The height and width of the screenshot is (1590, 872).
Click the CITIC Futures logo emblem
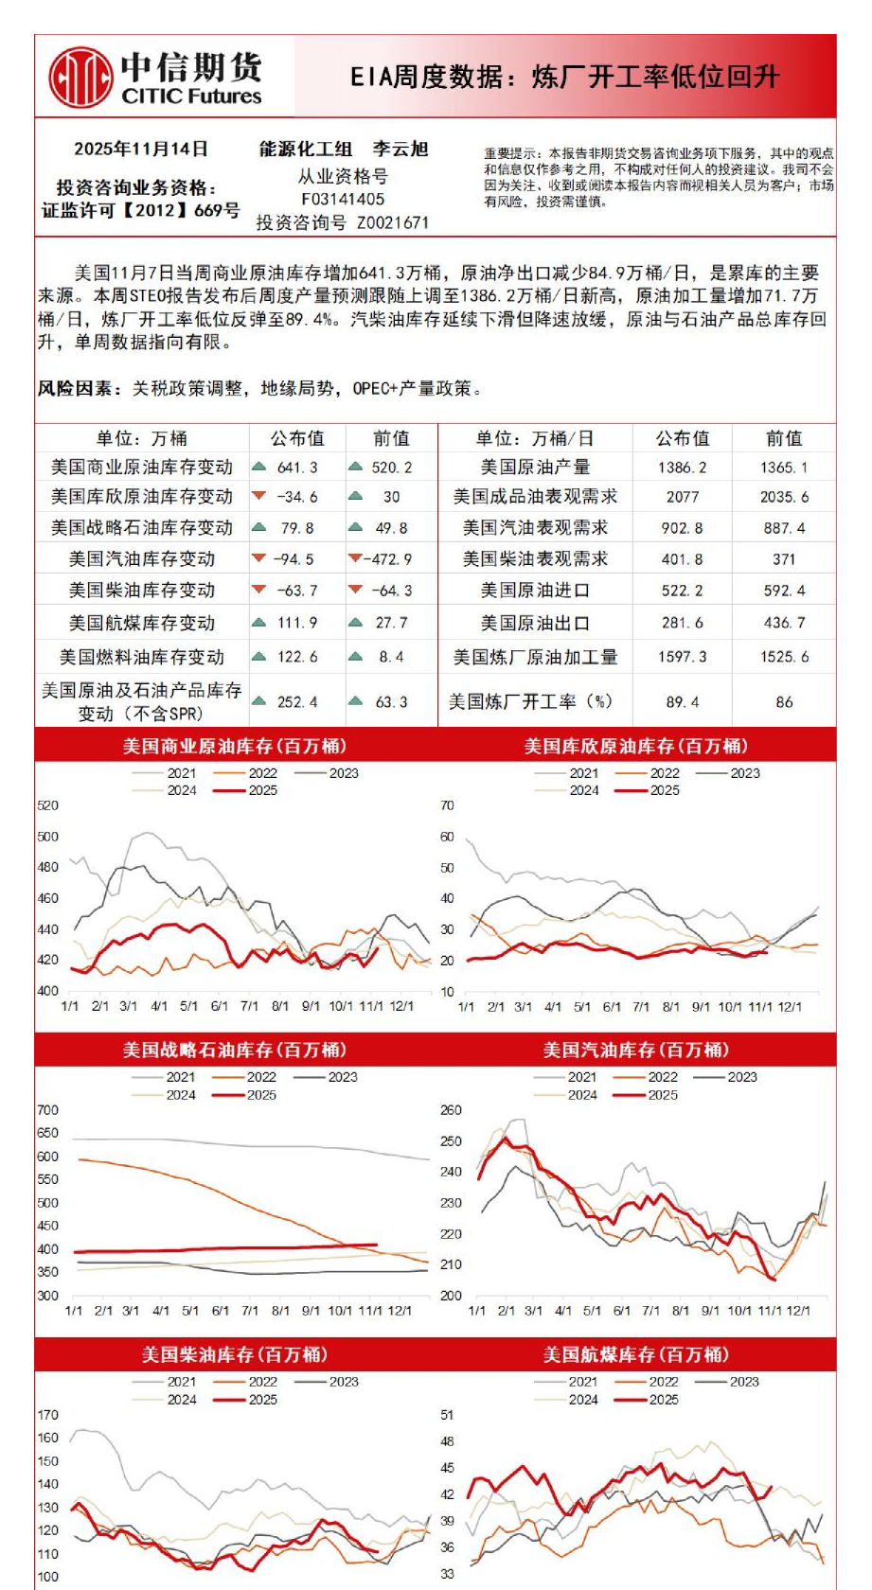[x=80, y=77]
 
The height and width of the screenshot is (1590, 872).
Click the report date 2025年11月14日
[x=141, y=150]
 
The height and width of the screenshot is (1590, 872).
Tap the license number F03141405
[x=343, y=199]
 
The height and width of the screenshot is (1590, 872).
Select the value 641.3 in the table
[x=297, y=468]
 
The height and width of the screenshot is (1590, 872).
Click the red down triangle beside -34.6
[x=258, y=496]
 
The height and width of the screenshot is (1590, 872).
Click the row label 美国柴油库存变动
[x=142, y=591]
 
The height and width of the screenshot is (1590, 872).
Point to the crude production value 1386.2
[x=683, y=468]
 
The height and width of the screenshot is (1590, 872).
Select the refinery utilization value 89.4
[x=683, y=702]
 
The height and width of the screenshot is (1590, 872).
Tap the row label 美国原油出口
[x=535, y=623]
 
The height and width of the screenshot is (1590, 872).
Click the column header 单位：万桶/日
[x=535, y=438]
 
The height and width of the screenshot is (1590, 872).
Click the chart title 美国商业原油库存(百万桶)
[x=235, y=746]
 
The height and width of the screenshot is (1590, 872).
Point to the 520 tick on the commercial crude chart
[x=47, y=805]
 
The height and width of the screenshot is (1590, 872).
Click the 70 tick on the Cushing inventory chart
[x=448, y=805]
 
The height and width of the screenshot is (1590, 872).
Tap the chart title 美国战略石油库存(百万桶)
[x=235, y=1050]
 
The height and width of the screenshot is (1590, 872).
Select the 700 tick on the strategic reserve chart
[x=47, y=1109]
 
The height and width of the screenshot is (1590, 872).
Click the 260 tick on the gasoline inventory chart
[x=452, y=1109]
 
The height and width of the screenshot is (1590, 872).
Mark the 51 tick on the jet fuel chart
[x=448, y=1415]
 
